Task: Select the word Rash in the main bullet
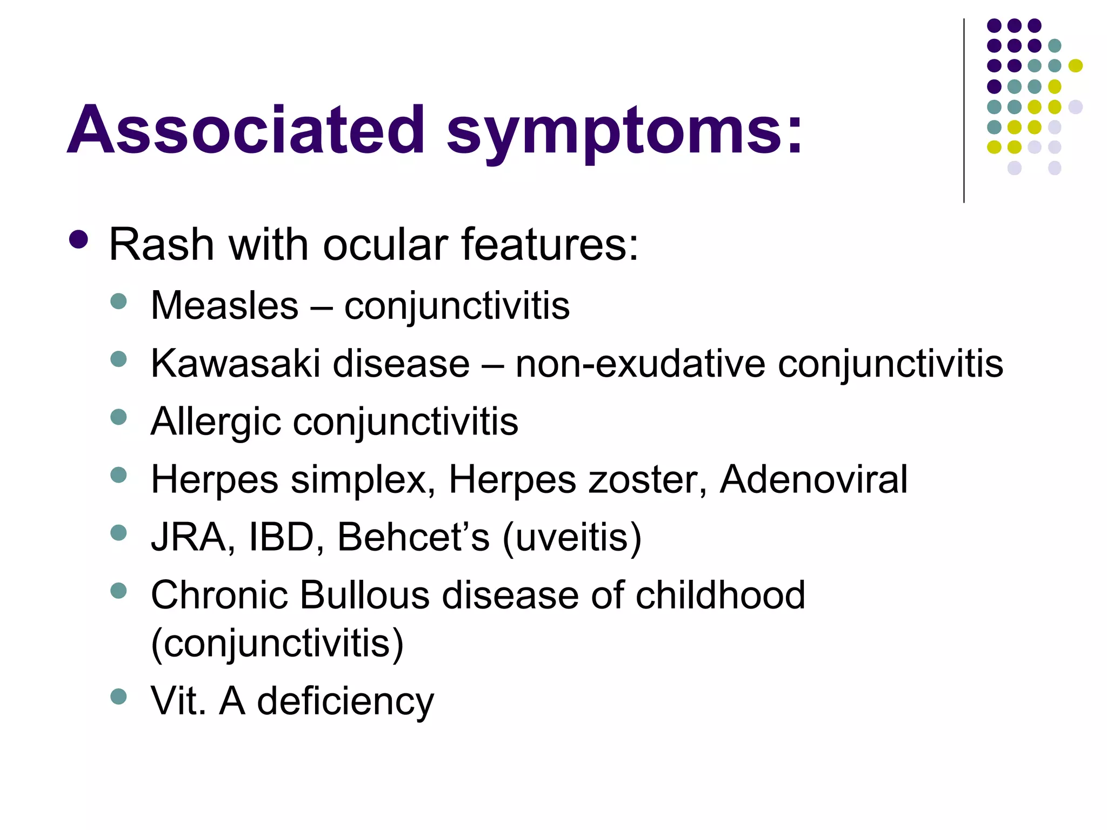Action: coord(161,245)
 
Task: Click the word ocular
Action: coord(386,245)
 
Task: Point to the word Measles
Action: coord(224,306)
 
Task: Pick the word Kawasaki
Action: coord(236,364)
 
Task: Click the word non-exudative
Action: coord(640,364)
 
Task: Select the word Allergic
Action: coord(216,423)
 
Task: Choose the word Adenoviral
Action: coord(813,480)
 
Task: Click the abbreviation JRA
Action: coord(189,538)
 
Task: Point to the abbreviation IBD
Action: coord(281,538)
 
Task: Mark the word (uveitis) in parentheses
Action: coord(572,538)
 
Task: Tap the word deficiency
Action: coord(345,701)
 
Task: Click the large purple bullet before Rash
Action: coord(79,240)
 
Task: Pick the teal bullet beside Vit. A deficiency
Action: coord(118,696)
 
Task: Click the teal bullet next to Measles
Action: coord(118,300)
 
